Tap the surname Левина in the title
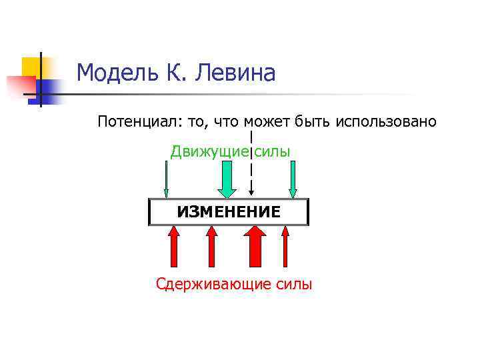pyautogui.click(x=235, y=73)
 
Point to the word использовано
pyautogui.click(x=387, y=122)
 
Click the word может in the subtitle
pyautogui.click(x=267, y=122)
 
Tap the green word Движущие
pyautogui.click(x=209, y=152)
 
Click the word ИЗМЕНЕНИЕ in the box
pyautogui.click(x=228, y=213)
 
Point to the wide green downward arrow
pyautogui.click(x=227, y=180)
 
